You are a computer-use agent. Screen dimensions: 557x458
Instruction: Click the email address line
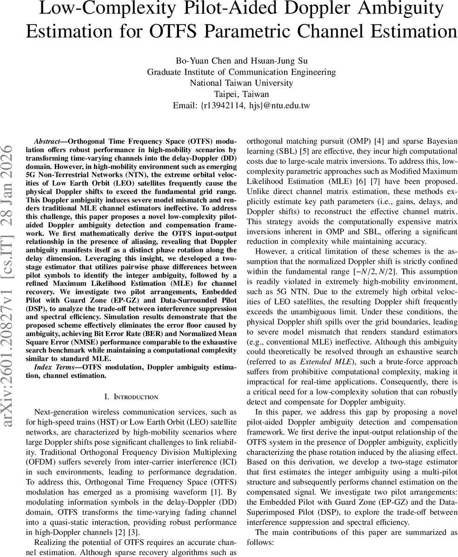pos(241,106)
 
